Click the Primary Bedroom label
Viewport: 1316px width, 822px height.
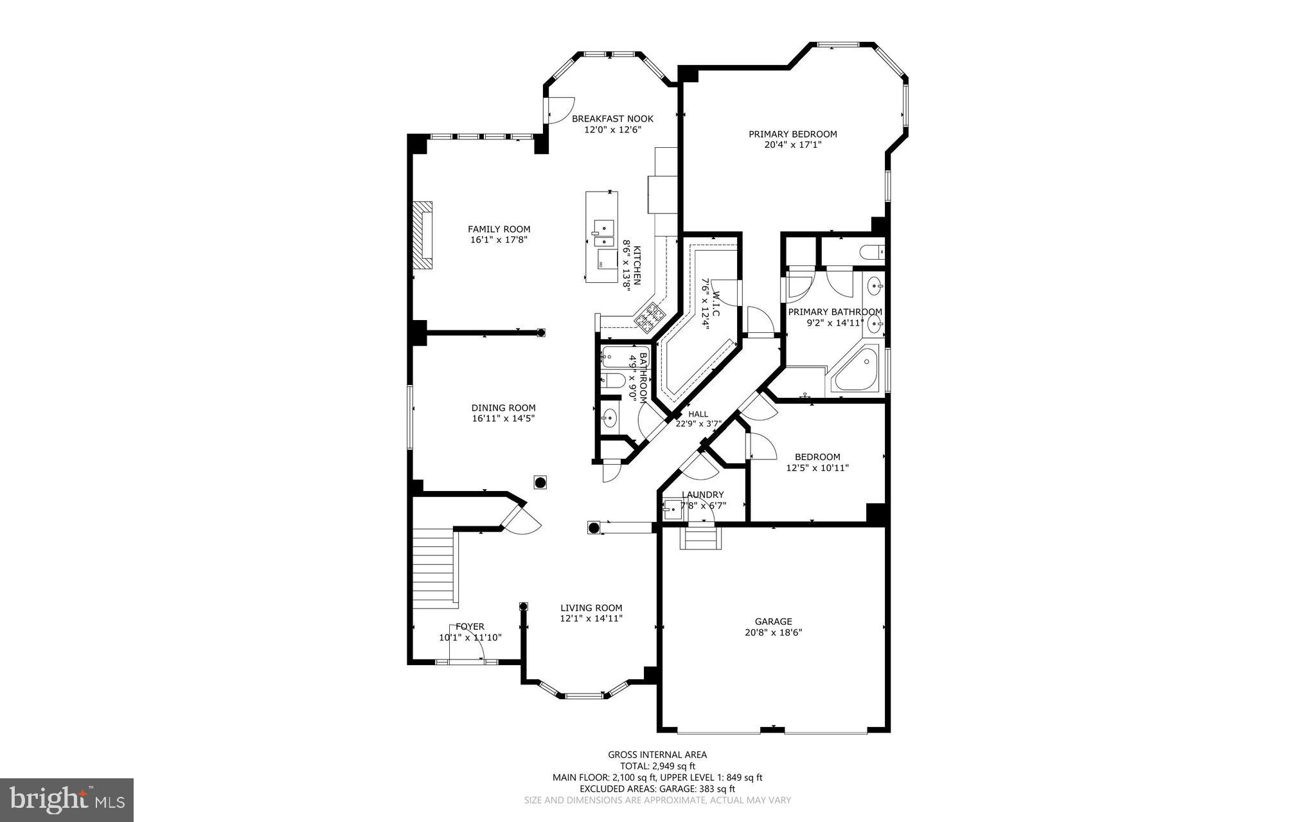792,134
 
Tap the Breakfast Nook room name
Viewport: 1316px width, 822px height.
612,118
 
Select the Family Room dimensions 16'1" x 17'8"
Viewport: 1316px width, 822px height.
499,240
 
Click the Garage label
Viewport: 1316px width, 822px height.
773,621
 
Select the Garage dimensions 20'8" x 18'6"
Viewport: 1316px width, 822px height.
773,632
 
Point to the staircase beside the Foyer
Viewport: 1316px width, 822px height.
434,567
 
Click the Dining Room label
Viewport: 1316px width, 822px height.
503,407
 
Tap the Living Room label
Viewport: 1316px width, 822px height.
591,608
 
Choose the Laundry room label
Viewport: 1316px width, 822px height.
703,495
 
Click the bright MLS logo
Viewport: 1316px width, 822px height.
67,800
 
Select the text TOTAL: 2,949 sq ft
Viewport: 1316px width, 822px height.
657,766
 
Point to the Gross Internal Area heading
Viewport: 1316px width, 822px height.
657,755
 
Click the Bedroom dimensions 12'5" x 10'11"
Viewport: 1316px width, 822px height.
817,468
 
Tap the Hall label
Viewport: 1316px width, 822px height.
698,415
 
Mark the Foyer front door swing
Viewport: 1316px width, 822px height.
467,642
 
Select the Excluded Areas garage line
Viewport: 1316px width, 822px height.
657,789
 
